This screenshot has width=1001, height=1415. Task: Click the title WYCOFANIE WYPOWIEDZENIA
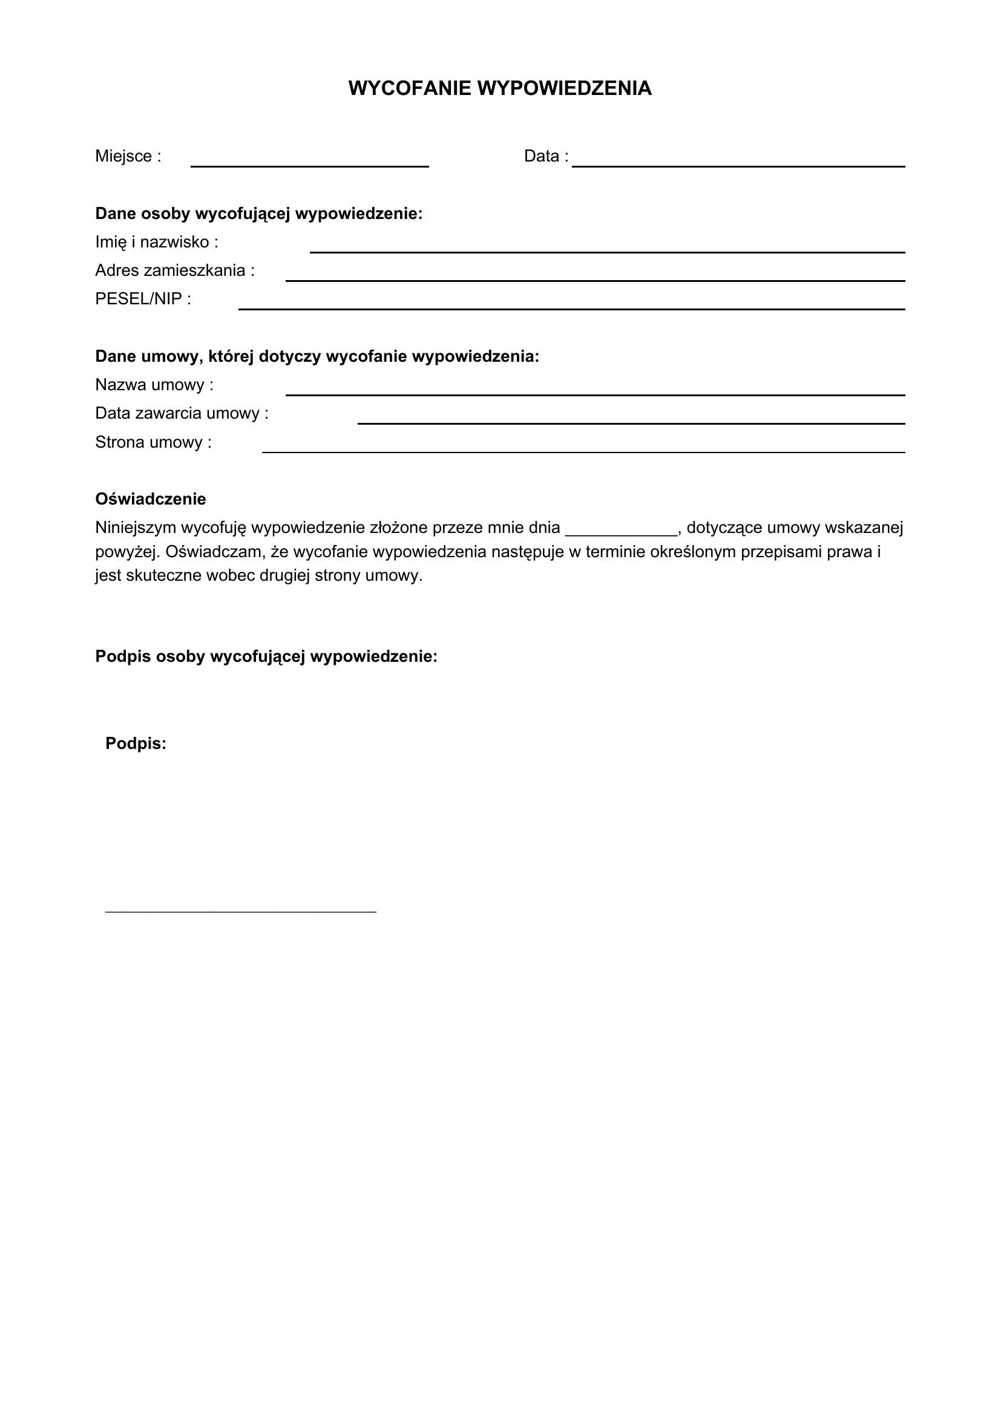500,88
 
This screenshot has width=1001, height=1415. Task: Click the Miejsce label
128,156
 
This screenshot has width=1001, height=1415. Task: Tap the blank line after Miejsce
309,165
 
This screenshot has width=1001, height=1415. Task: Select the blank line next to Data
738,165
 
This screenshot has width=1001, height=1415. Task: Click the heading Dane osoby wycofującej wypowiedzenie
259,214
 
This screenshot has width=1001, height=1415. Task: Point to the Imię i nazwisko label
157,242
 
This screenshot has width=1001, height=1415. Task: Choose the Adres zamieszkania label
175,270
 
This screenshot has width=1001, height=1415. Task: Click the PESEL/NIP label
143,299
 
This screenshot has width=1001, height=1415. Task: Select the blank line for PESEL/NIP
571,307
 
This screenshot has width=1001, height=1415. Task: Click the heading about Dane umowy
317,357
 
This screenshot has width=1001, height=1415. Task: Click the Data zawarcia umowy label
182,414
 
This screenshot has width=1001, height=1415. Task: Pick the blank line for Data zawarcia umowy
631,422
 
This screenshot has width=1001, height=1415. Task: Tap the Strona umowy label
154,442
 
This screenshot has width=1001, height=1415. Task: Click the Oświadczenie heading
151,499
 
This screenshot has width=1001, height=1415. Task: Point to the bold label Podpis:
136,744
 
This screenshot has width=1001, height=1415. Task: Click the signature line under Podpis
240,910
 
